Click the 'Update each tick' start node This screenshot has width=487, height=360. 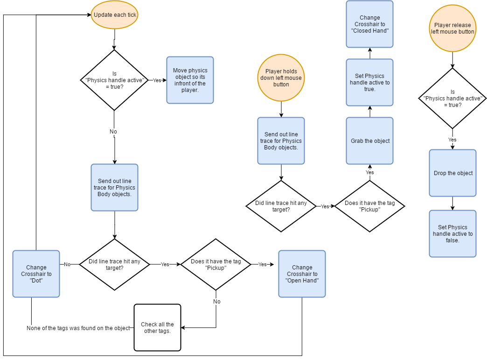115,15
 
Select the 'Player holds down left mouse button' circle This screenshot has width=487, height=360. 281,78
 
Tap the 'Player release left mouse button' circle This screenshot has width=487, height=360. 452,28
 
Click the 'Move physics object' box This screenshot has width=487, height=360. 190,80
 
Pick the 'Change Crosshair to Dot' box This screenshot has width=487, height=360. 36,274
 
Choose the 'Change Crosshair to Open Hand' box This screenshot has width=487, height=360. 302,274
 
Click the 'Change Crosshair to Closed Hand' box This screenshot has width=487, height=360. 369,24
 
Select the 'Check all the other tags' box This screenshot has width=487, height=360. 157,327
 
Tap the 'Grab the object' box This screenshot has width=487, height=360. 369,141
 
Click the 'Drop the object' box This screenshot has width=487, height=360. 452,173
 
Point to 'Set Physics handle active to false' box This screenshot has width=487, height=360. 452,233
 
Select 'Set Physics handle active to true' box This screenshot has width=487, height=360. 369,82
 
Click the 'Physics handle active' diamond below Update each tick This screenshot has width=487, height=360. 114,80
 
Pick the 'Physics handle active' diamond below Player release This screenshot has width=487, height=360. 452,98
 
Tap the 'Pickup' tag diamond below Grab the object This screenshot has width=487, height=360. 369,206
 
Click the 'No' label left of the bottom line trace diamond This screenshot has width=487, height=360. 67,264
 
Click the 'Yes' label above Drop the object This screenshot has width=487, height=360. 452,140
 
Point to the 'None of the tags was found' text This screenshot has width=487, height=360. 78,328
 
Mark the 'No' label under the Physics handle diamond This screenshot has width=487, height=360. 113,132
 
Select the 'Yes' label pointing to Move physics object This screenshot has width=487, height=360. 157,80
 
